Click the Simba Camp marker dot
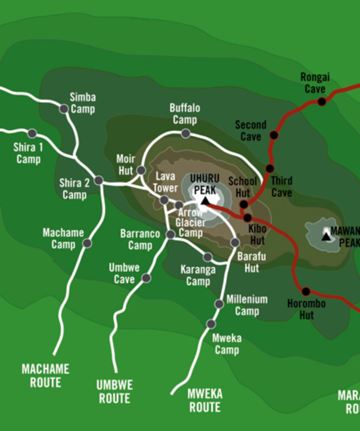click(x=64, y=109)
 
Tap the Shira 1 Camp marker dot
click(x=32, y=133)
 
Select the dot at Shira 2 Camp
click(x=99, y=180)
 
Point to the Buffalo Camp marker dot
click(x=186, y=133)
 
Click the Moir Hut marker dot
click(x=141, y=170)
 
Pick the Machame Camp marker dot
click(x=87, y=243)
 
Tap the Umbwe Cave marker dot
click(x=146, y=278)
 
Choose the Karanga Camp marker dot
click(x=207, y=257)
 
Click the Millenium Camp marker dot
click(x=219, y=304)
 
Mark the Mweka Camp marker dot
click(x=211, y=324)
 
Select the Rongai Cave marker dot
click(x=322, y=102)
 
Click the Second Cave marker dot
click(x=274, y=135)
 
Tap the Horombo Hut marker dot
click(x=306, y=291)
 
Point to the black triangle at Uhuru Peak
click(x=205, y=201)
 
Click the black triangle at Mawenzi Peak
click(x=326, y=236)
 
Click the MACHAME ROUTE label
click(x=45, y=375)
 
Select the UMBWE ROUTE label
click(x=114, y=392)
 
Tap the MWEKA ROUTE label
click(x=205, y=400)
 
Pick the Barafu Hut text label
click(x=252, y=262)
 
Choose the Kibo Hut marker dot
click(x=247, y=218)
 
